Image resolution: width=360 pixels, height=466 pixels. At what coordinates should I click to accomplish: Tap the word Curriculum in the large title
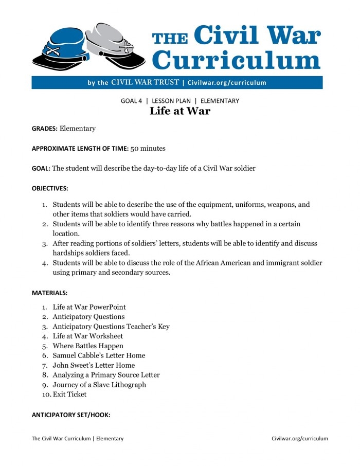(x=237, y=59)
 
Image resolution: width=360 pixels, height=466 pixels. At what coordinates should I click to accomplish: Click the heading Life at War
(x=179, y=111)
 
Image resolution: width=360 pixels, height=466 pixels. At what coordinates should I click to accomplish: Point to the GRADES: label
(x=45, y=128)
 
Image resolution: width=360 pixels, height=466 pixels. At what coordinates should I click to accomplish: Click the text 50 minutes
(x=148, y=148)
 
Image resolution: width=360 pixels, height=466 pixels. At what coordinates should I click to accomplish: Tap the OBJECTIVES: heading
(x=50, y=188)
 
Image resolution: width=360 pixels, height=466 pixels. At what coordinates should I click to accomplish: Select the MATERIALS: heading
(x=49, y=293)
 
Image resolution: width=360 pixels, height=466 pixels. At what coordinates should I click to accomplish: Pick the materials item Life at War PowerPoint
(x=89, y=307)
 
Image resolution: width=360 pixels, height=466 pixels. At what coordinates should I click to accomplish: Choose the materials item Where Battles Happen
(x=88, y=346)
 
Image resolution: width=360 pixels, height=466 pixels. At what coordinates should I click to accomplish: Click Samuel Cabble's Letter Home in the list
(x=99, y=355)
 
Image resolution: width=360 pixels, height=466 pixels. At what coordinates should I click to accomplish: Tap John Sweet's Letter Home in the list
(x=94, y=365)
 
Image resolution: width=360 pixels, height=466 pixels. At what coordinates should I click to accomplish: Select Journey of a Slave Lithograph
(x=99, y=385)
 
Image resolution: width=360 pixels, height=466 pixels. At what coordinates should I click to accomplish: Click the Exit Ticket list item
(x=69, y=395)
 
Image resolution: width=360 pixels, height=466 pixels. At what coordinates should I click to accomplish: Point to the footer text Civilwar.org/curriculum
(x=299, y=439)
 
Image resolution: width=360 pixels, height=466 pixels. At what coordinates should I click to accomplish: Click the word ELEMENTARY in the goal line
(x=220, y=101)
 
